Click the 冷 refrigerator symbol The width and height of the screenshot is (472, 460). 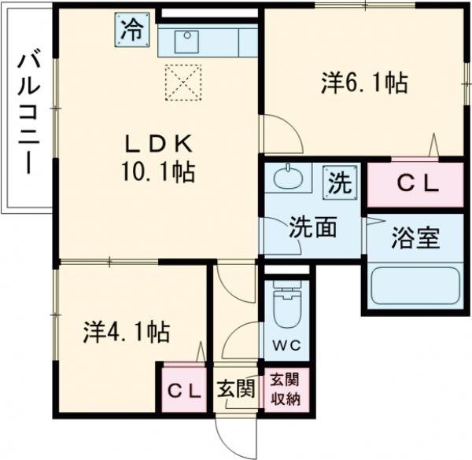click(132, 30)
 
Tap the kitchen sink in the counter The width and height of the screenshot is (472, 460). click(186, 40)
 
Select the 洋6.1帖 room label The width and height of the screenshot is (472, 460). click(363, 82)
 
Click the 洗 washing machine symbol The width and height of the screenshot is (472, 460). click(338, 183)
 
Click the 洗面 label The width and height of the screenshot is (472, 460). click(312, 226)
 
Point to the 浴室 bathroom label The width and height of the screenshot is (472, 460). click(415, 238)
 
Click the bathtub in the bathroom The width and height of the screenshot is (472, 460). click(415, 286)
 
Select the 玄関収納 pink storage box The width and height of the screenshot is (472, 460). click(286, 388)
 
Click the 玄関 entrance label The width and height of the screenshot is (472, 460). click(237, 388)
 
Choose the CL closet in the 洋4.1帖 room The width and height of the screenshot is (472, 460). click(183, 388)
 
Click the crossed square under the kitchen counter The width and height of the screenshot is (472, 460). click(183, 82)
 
